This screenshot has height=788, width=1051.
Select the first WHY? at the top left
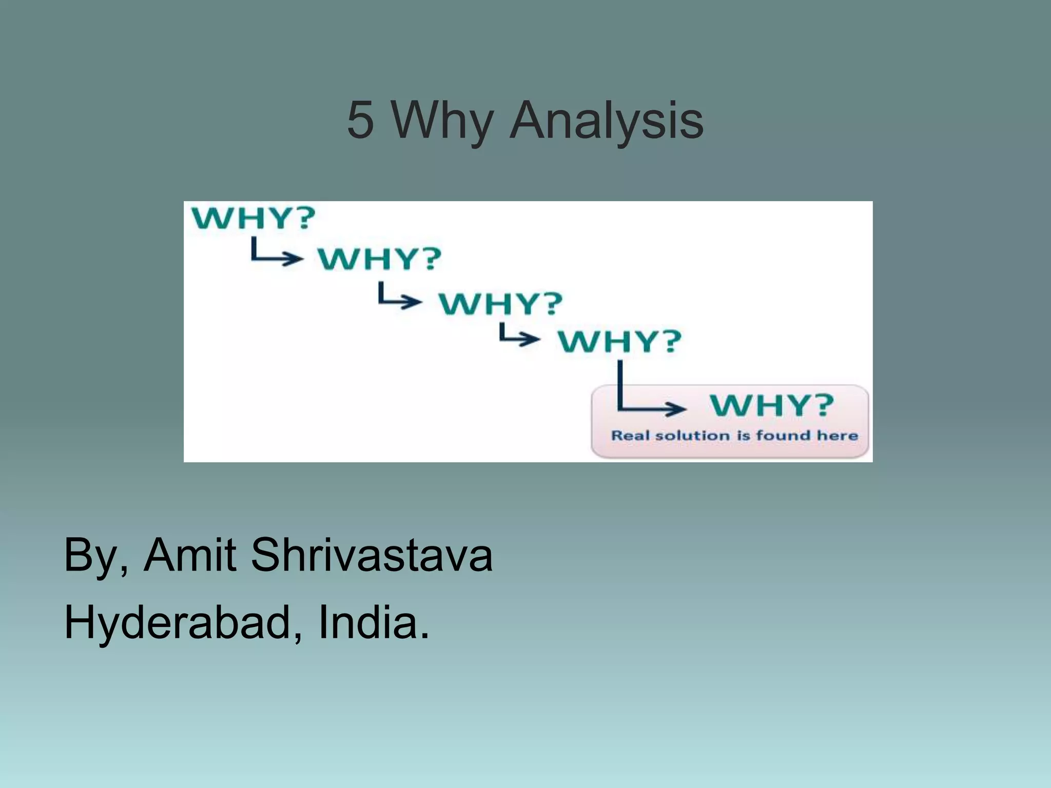tap(253, 219)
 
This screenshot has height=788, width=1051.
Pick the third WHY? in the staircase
tap(500, 303)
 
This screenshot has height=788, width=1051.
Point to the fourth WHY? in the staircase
tap(620, 341)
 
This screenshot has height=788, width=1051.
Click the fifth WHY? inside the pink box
tap(772, 405)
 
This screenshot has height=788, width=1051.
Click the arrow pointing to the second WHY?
tap(276, 253)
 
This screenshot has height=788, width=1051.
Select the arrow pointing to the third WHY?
tap(399, 297)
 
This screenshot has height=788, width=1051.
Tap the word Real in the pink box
tap(631, 436)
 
